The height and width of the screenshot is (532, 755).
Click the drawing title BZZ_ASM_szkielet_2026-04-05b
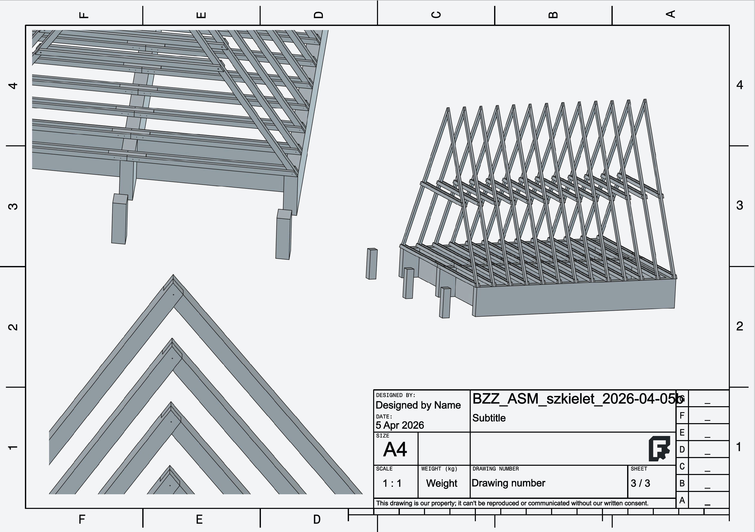[578, 399]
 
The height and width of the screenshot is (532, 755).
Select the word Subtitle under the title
[489, 418]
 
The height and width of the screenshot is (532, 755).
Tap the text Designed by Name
[418, 405]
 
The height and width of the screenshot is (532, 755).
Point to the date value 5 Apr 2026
[400, 425]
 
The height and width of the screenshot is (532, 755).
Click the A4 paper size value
[395, 450]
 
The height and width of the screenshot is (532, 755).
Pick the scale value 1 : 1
[392, 483]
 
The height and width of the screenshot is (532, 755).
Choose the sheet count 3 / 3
[640, 483]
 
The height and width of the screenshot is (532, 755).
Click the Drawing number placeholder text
[508, 483]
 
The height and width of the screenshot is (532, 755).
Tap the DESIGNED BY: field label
[395, 395]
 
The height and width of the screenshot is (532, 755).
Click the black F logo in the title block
[659, 449]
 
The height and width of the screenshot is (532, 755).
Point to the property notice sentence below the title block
[512, 503]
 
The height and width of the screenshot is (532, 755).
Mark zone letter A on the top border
[671, 14]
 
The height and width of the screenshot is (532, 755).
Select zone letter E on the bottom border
[199, 519]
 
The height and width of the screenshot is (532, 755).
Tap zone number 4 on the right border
[740, 85]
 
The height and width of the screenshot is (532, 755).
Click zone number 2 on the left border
[13, 327]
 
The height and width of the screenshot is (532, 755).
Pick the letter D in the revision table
[682, 450]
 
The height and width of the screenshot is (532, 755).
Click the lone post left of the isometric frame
[372, 264]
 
